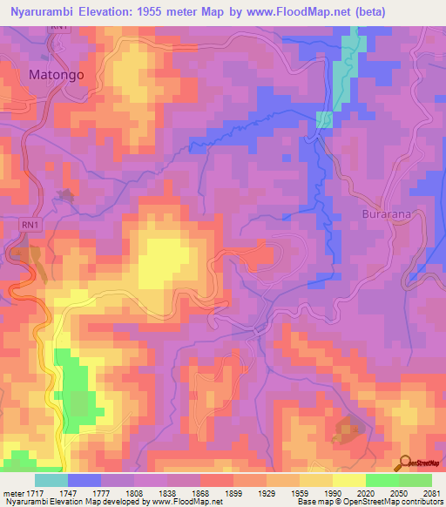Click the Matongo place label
coord(57,75)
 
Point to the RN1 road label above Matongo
coord(58,28)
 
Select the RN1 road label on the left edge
coord(29,225)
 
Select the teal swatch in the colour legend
coord(51,480)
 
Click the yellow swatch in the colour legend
coord(349,480)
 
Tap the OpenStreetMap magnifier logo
coord(403,463)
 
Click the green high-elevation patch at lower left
coord(74,383)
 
